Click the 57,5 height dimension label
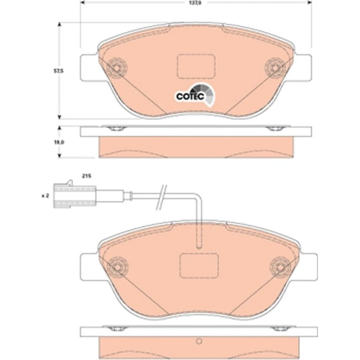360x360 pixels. click(x=58, y=71)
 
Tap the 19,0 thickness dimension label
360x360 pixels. click(x=59, y=142)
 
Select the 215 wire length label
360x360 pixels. click(x=86, y=176)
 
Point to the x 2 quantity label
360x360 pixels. click(x=45, y=196)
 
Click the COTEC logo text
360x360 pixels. click(x=190, y=96)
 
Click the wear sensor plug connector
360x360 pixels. click(x=75, y=194)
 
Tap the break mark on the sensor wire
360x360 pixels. click(x=161, y=197)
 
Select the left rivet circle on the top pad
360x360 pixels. click(x=117, y=68)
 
